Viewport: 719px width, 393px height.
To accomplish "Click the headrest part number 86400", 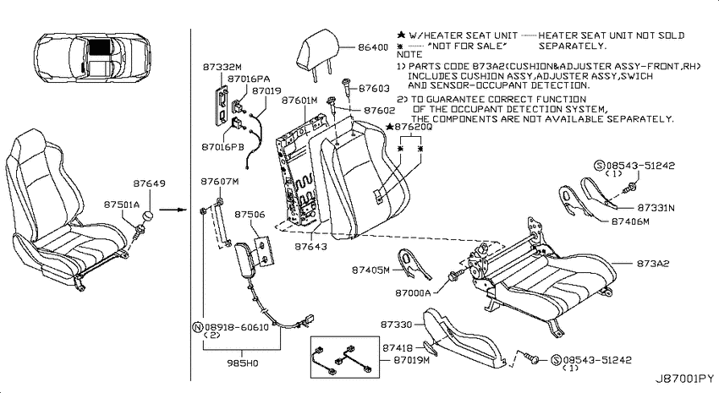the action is click(373, 47).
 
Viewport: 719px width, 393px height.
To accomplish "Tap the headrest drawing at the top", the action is click(320, 52).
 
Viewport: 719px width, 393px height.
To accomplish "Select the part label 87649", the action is click(149, 183).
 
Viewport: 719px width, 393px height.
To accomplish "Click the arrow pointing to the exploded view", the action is click(176, 210).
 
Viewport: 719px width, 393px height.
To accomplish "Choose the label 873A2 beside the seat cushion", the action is click(652, 264).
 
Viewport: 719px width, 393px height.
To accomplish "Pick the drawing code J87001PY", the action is click(683, 379).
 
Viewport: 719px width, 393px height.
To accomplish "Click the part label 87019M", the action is click(411, 360).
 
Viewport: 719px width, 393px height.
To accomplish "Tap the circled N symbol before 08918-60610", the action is click(197, 327).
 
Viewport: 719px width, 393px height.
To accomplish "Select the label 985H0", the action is click(243, 363).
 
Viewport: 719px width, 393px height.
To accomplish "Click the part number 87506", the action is click(250, 215).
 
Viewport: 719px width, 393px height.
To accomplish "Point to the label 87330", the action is click(396, 325).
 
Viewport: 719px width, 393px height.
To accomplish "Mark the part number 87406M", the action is click(630, 221).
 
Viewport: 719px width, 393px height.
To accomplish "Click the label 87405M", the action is click(370, 270).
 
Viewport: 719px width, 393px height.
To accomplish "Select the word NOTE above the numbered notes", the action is click(409, 54).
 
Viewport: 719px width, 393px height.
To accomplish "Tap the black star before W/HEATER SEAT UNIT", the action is click(401, 35).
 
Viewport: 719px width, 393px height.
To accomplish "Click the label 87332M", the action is click(222, 68).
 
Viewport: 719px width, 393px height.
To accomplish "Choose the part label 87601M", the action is click(299, 101).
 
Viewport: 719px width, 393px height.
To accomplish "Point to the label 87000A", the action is click(413, 292).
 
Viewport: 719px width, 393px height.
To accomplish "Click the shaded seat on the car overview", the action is click(99, 47).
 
